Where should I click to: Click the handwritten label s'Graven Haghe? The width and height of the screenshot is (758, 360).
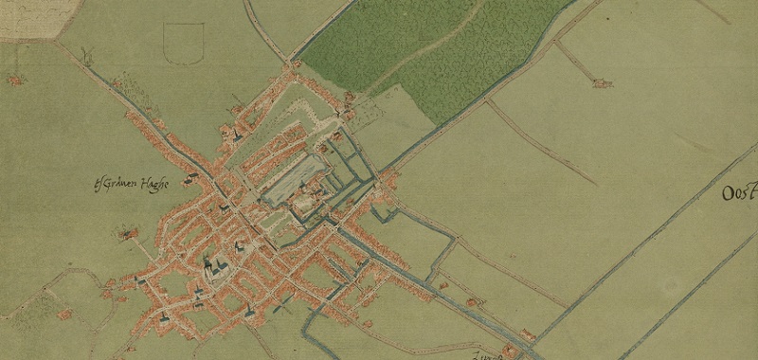pyautogui.click(x=132, y=185)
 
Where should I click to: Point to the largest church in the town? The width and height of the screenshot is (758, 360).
pyautogui.click(x=213, y=270)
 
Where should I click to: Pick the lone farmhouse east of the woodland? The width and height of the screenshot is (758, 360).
pyautogui.click(x=602, y=83)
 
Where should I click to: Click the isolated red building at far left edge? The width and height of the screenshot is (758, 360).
pyautogui.click(x=14, y=81)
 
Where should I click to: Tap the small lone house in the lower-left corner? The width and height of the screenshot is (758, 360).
pyautogui.click(x=64, y=313)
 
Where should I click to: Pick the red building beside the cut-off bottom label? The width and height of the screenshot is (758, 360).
pyautogui.click(x=512, y=351)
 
